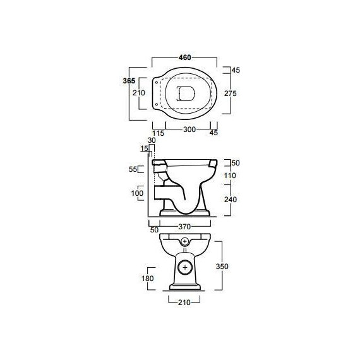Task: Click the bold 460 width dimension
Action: click(185, 57)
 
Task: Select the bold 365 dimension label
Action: click(129, 81)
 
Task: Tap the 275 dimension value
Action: click(231, 93)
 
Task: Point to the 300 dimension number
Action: click(189, 129)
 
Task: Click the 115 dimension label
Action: click(158, 133)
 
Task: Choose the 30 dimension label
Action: click(152, 140)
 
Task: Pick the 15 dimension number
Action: click(144, 148)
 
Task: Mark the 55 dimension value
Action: click(133, 169)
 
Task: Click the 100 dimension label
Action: click(137, 193)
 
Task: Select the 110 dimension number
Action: click(230, 176)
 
